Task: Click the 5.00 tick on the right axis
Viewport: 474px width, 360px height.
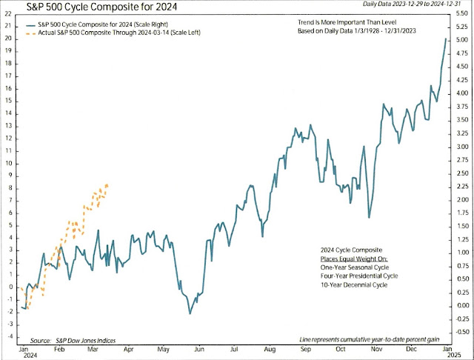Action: tap(461, 39)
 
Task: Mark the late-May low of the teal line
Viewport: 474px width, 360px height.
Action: tap(190, 314)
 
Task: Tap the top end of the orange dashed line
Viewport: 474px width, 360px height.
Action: tap(108, 184)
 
